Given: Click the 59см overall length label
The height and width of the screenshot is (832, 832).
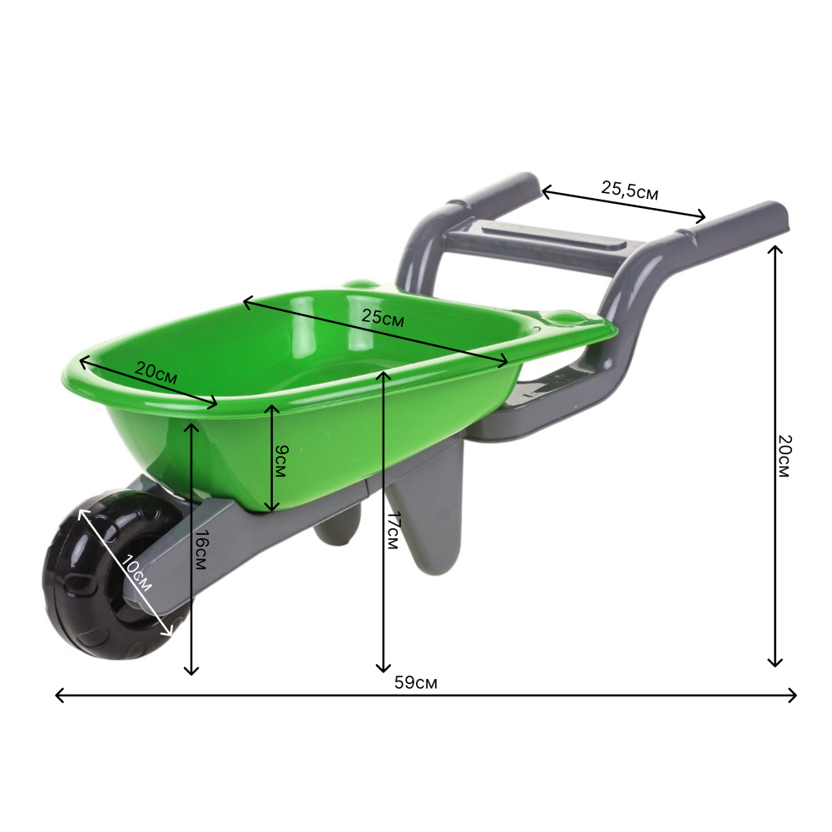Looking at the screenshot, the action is [x=415, y=682].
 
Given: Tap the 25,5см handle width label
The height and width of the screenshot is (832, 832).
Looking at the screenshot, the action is [x=630, y=190].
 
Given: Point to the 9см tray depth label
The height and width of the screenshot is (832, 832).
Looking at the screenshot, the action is [x=281, y=461].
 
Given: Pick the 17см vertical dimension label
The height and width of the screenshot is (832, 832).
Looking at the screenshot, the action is [x=394, y=530].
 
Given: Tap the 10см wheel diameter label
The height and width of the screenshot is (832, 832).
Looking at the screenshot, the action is [x=136, y=572].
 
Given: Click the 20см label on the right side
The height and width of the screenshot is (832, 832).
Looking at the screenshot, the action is [x=785, y=456].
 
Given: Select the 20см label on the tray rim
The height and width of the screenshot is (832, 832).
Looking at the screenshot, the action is [x=156, y=373].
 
